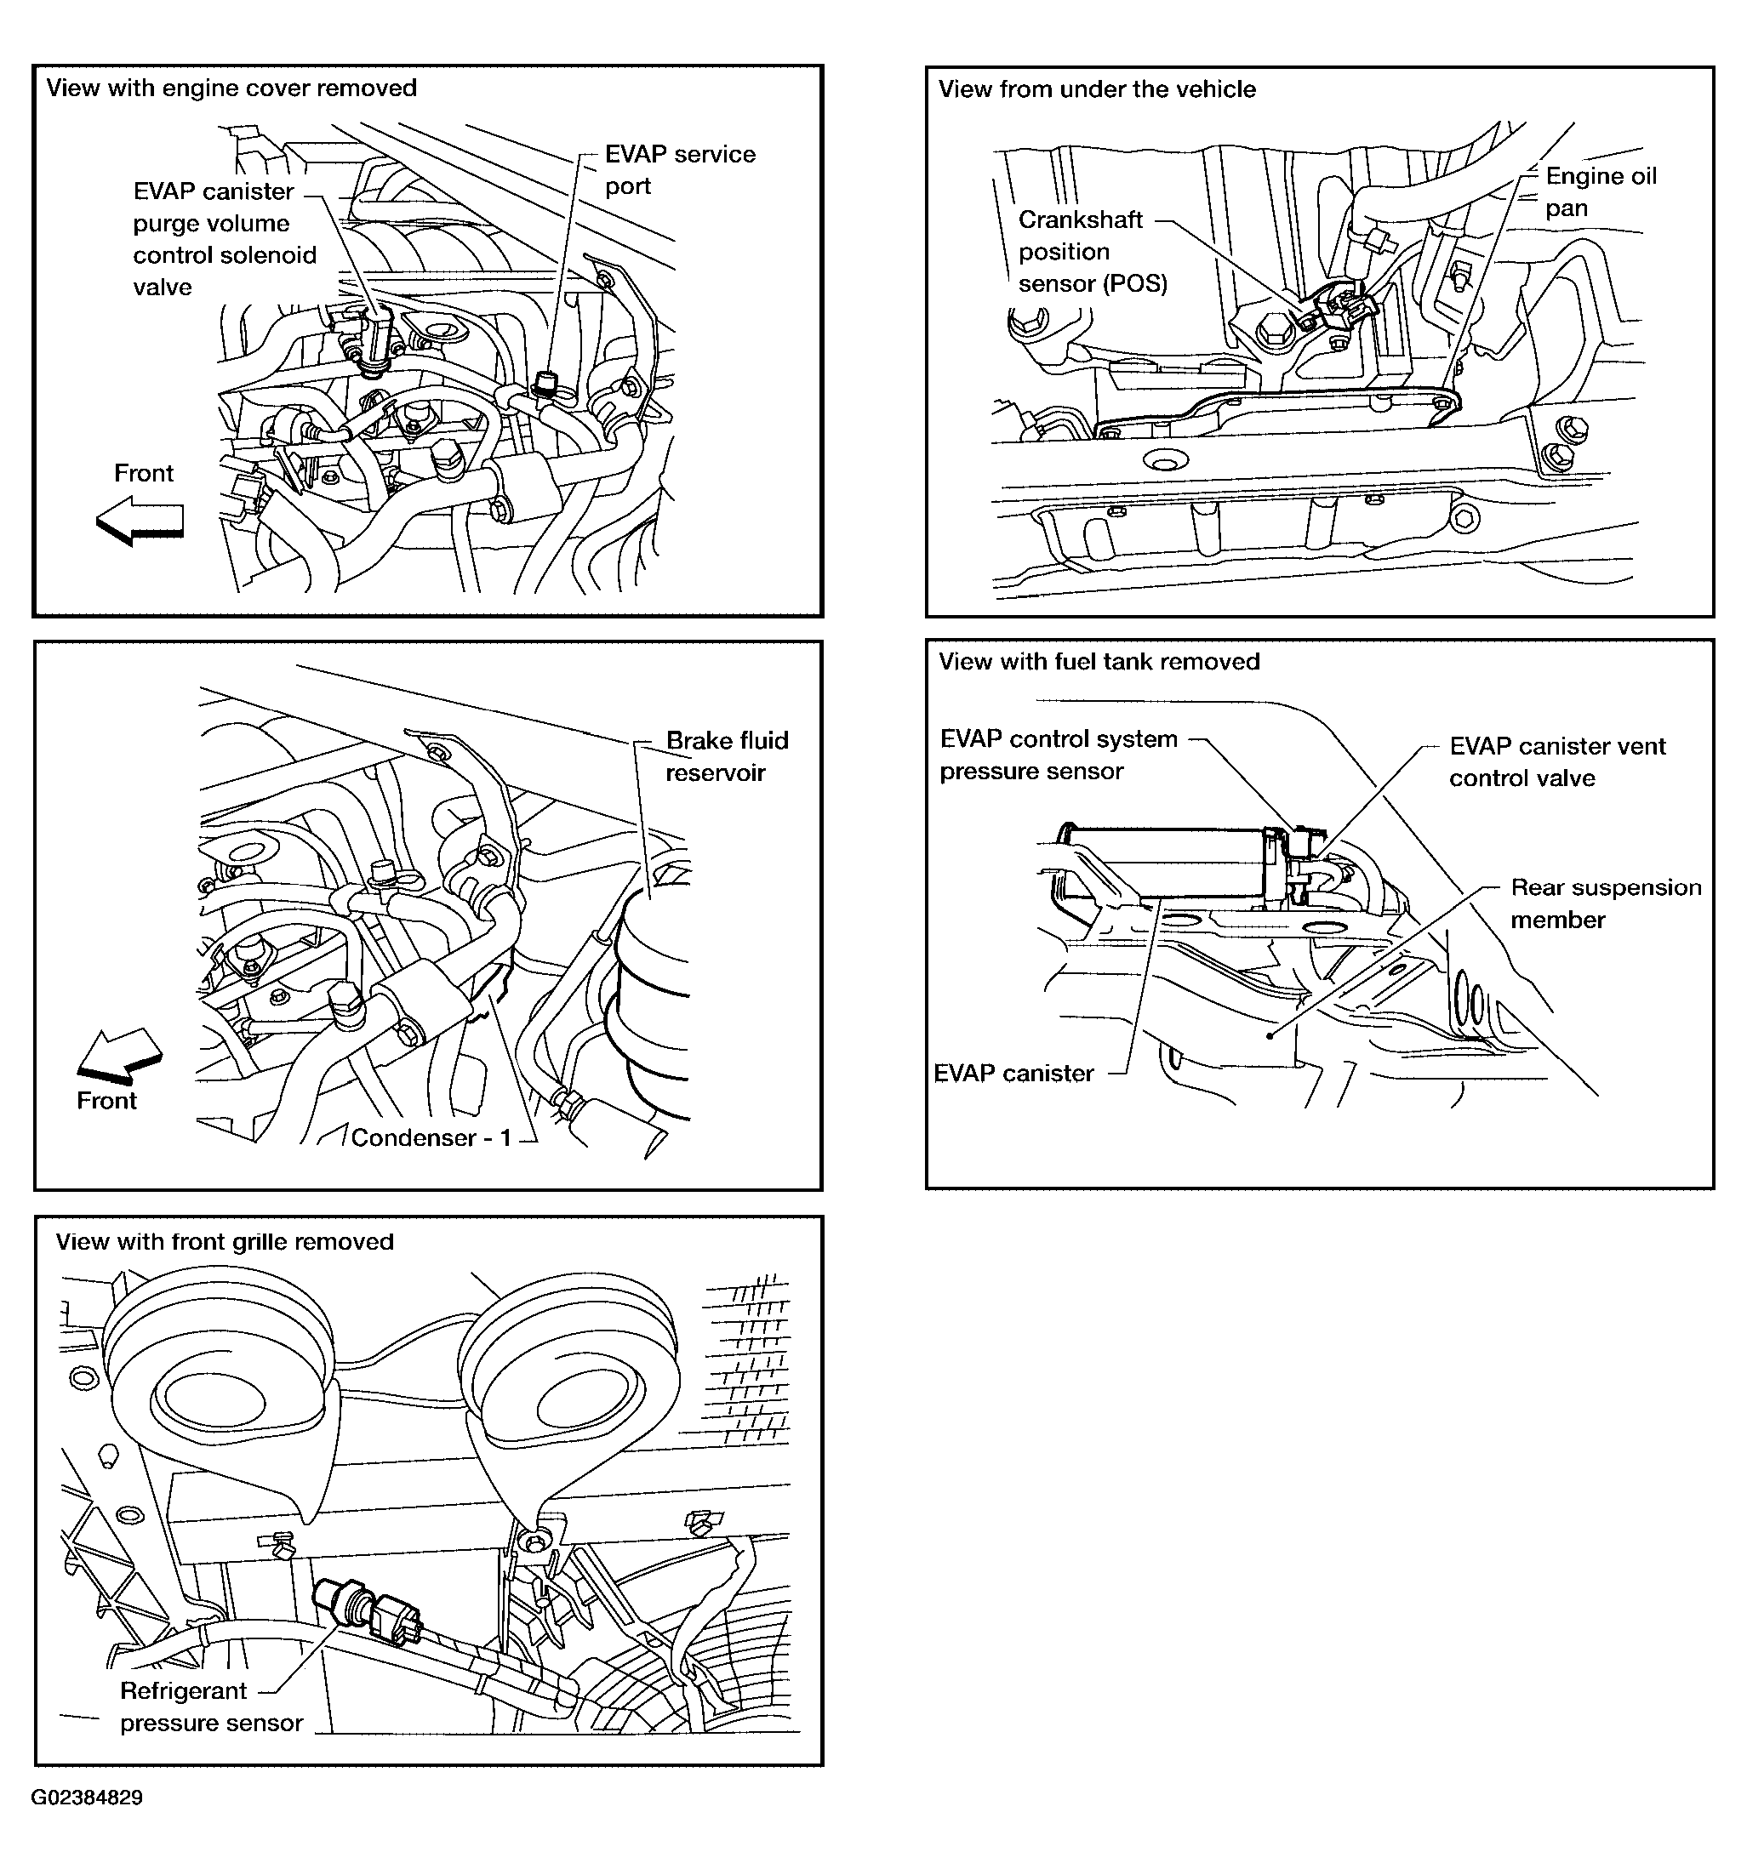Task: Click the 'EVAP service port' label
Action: (x=679, y=170)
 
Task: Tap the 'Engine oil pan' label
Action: (x=1601, y=191)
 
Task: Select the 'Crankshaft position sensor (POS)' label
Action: (x=1092, y=251)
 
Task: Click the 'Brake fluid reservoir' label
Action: (x=726, y=756)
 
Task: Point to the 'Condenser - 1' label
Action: (x=431, y=1137)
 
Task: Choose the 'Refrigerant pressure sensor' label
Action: (x=211, y=1707)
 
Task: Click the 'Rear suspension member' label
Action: (x=1605, y=903)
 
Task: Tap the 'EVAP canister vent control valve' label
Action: (x=1556, y=761)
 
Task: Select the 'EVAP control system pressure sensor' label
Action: (x=1058, y=755)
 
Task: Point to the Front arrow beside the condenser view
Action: (x=119, y=1054)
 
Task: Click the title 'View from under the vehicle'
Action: (x=1096, y=89)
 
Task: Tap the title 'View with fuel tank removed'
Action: (x=1099, y=662)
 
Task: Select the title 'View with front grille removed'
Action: (x=224, y=1242)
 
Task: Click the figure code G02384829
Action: (x=87, y=1798)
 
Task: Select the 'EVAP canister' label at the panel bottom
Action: (x=1013, y=1074)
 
